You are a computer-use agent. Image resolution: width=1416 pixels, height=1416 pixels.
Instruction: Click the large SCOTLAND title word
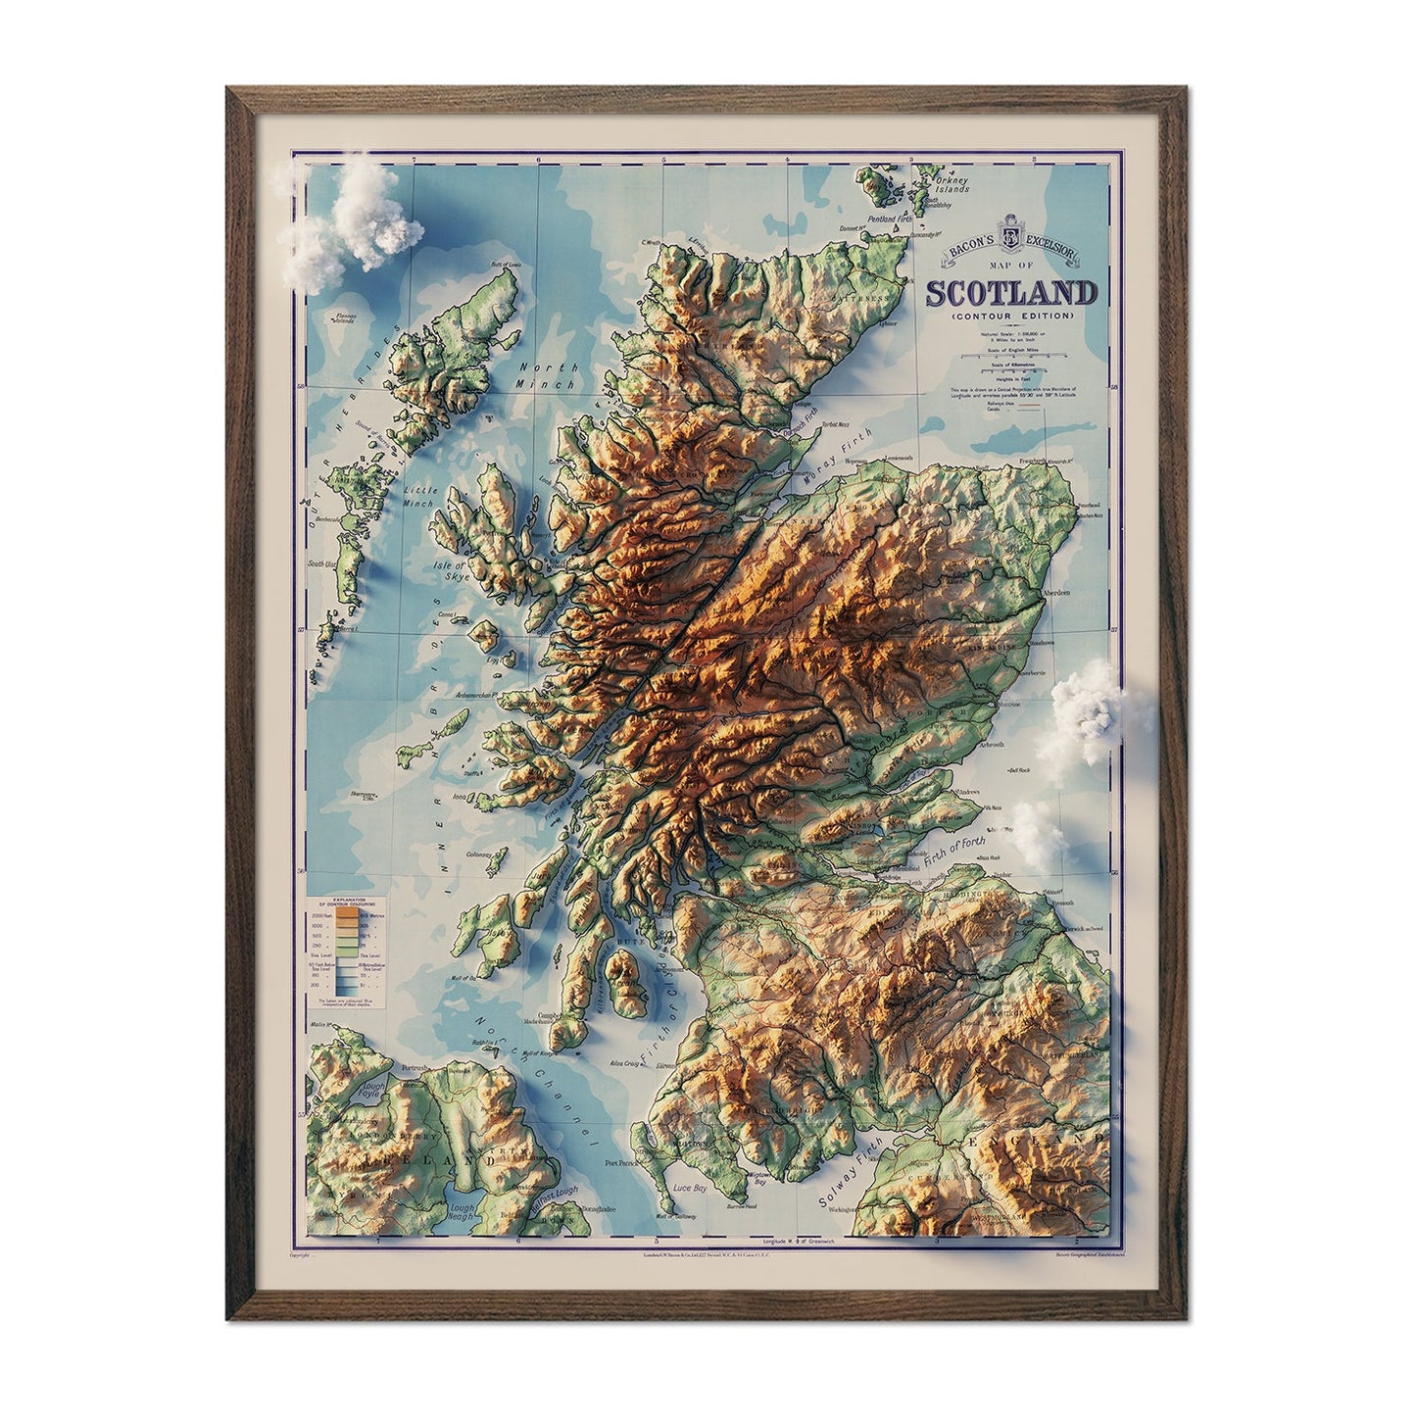point(1011,293)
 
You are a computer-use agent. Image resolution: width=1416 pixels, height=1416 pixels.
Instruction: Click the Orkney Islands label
point(950,184)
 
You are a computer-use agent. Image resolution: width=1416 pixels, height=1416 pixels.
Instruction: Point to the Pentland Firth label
point(888,219)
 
